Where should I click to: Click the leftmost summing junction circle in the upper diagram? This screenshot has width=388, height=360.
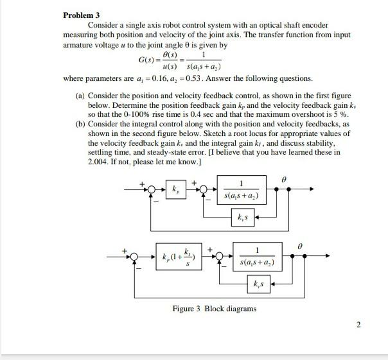pos(152,189)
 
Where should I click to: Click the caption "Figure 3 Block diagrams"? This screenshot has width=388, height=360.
pos(215,309)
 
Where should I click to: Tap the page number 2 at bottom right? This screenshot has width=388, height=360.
pos(360,324)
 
